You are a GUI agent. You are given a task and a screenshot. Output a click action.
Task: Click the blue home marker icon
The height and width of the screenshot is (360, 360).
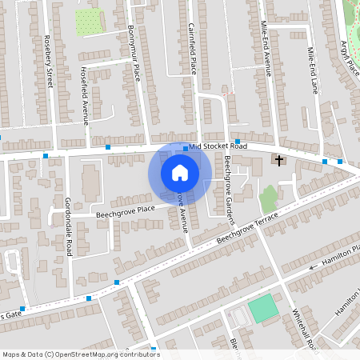[180, 173]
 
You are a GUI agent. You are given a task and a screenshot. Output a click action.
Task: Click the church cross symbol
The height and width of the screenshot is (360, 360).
[279, 161]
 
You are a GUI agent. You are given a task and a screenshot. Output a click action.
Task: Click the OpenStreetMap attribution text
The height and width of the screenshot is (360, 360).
[80, 354]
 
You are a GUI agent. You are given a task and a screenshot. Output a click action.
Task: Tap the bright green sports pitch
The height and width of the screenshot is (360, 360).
[262, 308]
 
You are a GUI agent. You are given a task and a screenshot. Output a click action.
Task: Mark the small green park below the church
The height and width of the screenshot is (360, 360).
[269, 199]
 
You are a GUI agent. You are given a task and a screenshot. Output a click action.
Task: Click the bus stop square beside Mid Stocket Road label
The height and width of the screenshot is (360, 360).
[186, 148]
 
